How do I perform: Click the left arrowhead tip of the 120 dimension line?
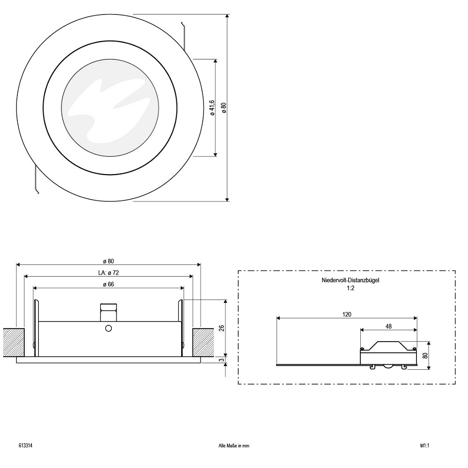tap(277, 318)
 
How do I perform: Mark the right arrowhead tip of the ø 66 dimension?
tap(184, 288)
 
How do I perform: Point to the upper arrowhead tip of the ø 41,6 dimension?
tap(215, 59)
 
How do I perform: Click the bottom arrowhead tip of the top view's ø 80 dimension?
tap(227, 201)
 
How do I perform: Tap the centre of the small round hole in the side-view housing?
tap(109, 329)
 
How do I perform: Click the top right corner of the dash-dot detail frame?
tap(455, 271)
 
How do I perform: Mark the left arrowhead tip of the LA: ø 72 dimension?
tap(24, 277)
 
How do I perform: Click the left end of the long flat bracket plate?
tap(277, 365)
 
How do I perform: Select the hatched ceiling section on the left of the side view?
tap(14, 343)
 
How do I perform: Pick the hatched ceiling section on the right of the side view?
tap(203, 343)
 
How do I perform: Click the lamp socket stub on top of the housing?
tap(109, 312)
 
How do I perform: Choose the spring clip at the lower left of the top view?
tap(37, 180)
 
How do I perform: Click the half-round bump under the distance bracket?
tap(388, 367)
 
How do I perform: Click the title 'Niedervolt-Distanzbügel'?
tap(351, 280)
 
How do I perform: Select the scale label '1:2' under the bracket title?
tap(351, 288)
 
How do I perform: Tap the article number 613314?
tap(26, 446)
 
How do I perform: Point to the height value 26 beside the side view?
tap(221, 329)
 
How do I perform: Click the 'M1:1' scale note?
tap(424, 446)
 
